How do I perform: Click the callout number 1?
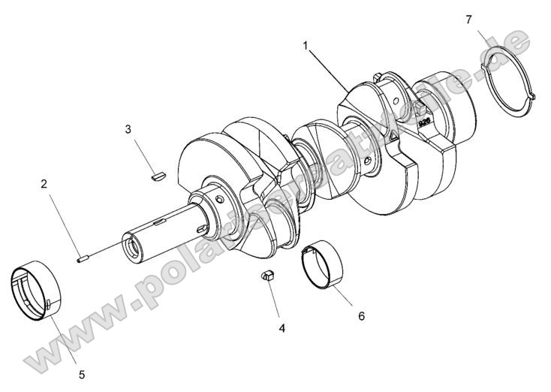306,46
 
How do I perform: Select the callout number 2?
44,183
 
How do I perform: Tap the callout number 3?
128,129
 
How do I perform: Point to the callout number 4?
282,327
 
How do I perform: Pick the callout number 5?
82,373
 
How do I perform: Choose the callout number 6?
361,316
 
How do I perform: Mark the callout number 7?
468,19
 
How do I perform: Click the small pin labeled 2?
83,260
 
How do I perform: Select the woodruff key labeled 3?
156,177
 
